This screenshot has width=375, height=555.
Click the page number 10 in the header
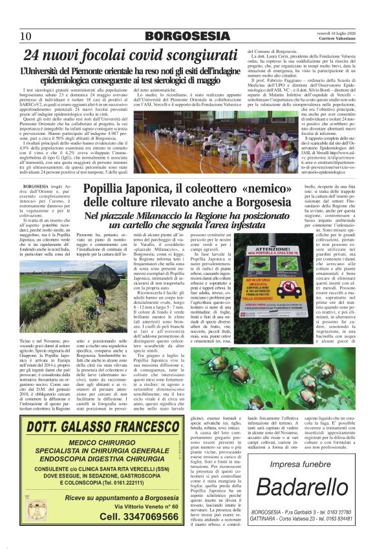pos(27,36)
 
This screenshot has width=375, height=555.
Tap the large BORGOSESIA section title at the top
pos(187,36)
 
